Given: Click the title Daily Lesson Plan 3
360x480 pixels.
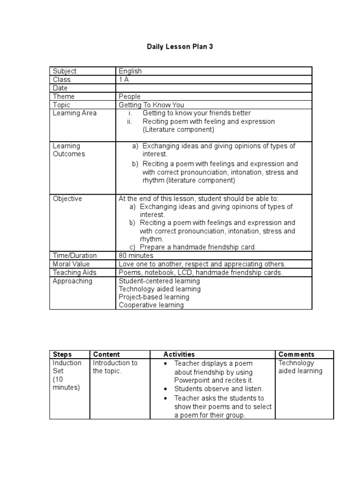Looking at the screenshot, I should [x=180, y=47].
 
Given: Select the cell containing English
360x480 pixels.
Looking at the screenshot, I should [x=130, y=71].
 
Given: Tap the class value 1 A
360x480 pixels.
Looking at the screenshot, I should [x=124, y=80].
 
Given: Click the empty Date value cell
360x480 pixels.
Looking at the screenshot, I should [x=213, y=88].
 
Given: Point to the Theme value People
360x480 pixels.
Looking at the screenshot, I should [x=129, y=97].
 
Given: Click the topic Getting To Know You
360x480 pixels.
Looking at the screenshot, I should [x=151, y=105].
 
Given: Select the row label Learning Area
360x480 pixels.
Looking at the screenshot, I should [x=75, y=113].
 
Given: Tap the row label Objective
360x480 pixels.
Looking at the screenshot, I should [x=67, y=199].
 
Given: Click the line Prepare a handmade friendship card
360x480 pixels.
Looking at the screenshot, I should [x=198, y=247].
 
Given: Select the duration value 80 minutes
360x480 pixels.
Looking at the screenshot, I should [x=136, y=255].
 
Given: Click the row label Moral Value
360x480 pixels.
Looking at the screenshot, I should [x=72, y=264].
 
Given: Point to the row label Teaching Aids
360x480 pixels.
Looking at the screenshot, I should [x=75, y=272].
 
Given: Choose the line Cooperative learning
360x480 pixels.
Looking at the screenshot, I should [x=151, y=305].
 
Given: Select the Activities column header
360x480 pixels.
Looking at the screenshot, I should [x=179, y=354].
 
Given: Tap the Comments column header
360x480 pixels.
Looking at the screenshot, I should [x=296, y=354].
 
